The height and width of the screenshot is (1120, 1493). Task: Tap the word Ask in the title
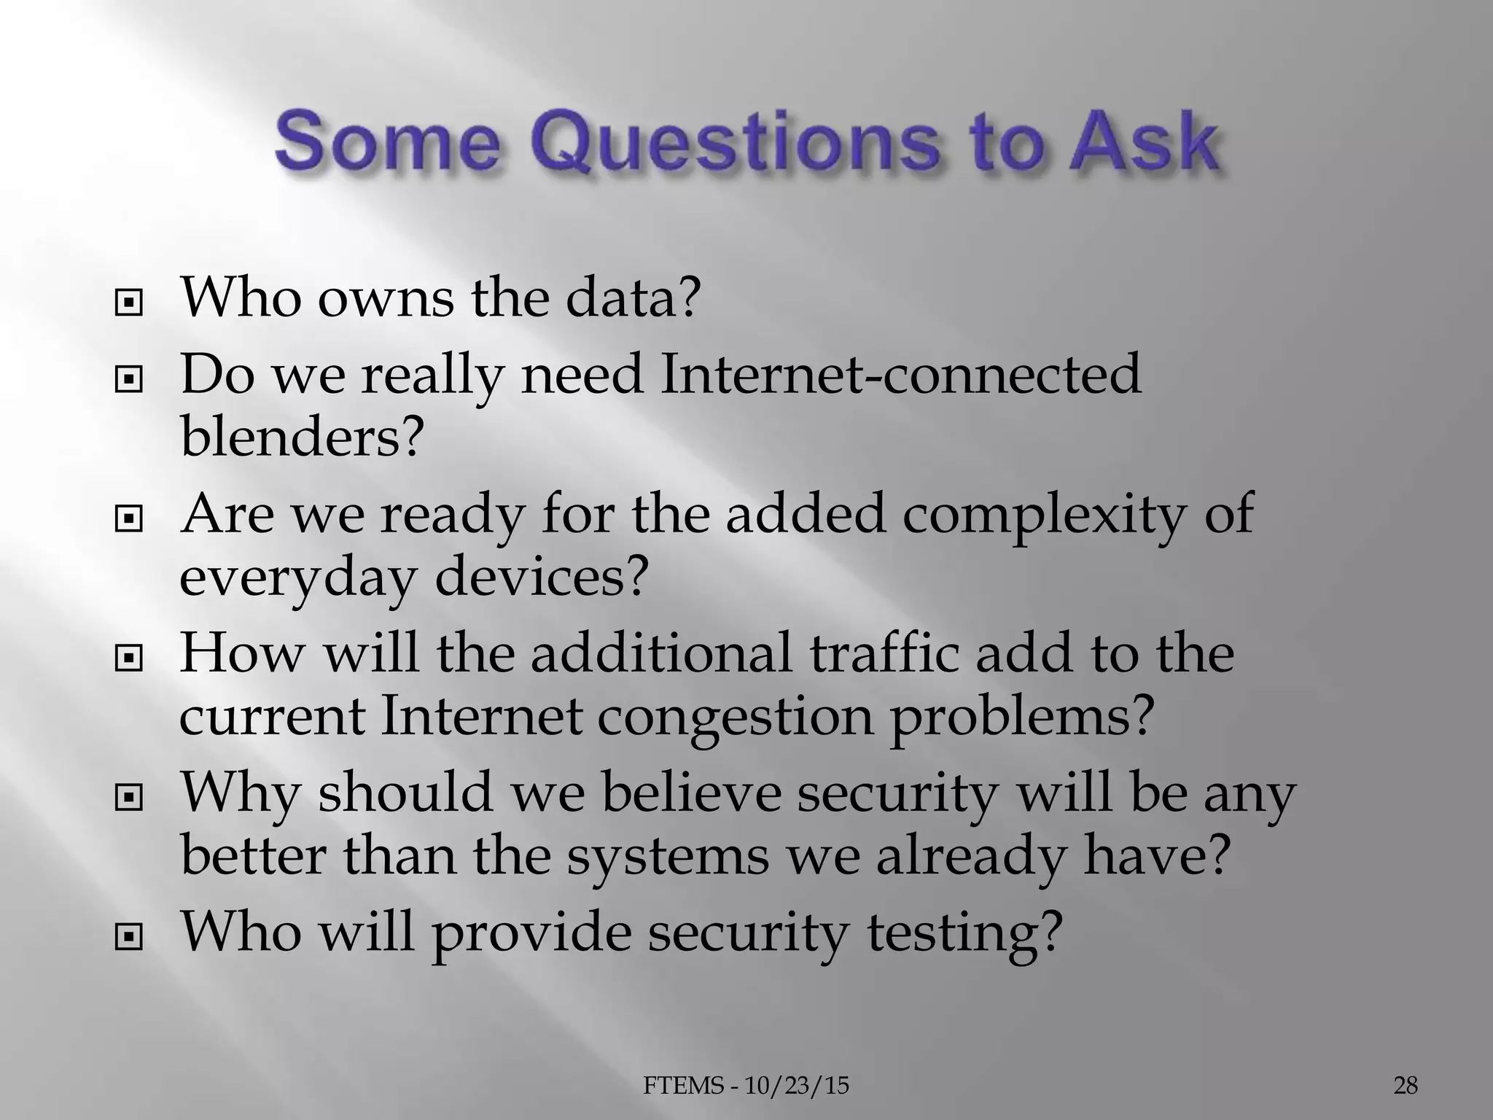[1134, 142]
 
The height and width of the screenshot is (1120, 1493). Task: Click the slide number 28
[1406, 1086]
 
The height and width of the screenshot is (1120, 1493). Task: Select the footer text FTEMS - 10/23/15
[746, 1086]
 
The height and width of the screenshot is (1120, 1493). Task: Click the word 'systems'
[668, 856]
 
